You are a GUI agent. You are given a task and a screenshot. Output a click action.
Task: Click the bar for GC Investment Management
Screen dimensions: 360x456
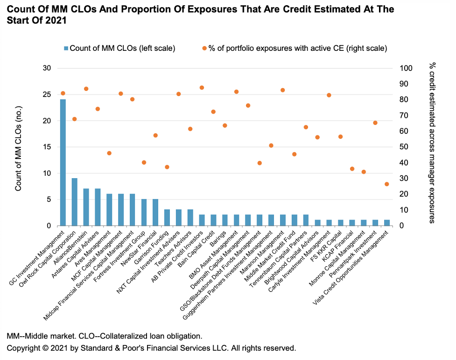tap(63, 163)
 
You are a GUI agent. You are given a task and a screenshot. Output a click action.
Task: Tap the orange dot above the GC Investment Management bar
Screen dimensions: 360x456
tap(63, 93)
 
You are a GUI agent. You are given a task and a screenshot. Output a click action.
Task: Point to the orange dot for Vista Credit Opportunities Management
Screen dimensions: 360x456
tap(386, 184)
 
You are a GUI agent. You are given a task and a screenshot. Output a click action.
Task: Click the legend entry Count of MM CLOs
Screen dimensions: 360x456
tap(119, 48)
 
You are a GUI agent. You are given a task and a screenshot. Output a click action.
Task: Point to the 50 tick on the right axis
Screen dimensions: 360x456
tap(405, 147)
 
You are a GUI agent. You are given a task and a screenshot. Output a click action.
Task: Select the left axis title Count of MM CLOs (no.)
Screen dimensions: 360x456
tap(19, 147)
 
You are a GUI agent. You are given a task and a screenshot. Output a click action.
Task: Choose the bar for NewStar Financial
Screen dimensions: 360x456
tap(155, 213)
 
